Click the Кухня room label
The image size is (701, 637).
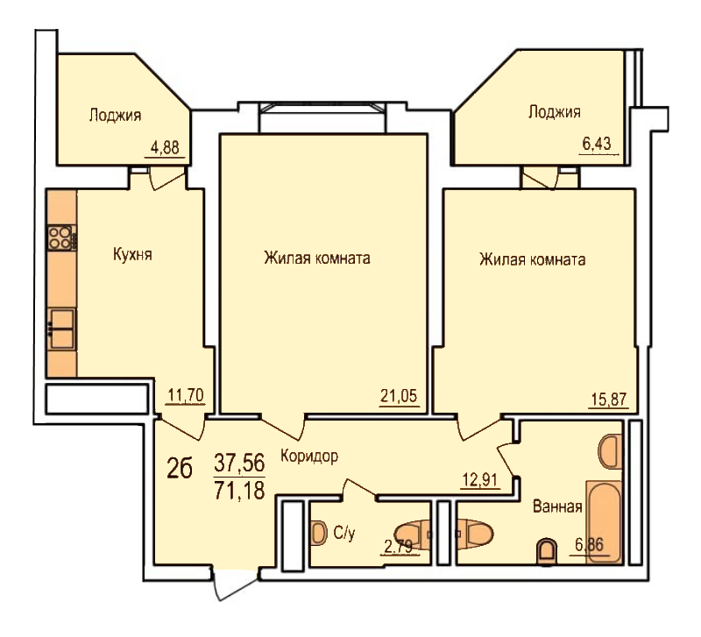click(132, 255)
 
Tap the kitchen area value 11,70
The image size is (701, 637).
click(186, 395)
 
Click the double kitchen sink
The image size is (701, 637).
click(61, 329)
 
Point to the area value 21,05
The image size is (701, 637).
click(399, 396)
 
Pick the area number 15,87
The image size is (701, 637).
click(609, 399)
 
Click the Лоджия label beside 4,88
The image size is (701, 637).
click(115, 115)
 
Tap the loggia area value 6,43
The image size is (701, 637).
click(597, 144)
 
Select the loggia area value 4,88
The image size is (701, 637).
click(165, 147)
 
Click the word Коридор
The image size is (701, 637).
click(309, 457)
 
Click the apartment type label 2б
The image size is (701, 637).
click(180, 469)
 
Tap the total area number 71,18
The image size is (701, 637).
click(239, 490)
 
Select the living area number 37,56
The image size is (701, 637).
click(239, 463)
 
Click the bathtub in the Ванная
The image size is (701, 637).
click(604, 522)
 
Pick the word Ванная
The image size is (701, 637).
click(557, 506)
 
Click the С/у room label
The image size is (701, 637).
click(344, 533)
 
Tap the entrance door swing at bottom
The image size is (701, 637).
click(235, 584)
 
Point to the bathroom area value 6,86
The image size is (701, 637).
click(589, 545)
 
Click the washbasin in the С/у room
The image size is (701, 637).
click(318, 533)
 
